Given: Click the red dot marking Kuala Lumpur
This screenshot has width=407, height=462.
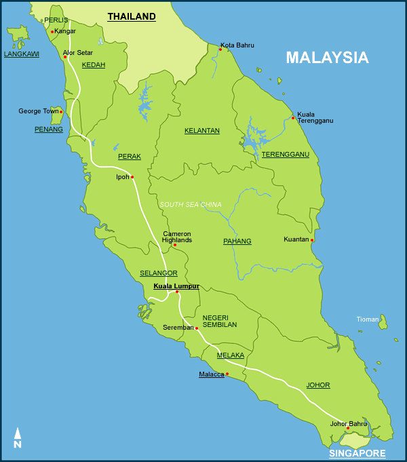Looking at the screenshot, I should (x=177, y=292).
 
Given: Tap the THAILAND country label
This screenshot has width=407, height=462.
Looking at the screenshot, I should (x=132, y=16).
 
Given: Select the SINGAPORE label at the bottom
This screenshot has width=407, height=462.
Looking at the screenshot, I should (x=357, y=453).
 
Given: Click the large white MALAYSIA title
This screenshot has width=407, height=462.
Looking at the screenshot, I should (x=327, y=58).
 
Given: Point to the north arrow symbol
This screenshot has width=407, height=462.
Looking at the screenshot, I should (x=18, y=438).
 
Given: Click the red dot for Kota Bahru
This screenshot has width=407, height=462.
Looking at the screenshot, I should (x=220, y=49).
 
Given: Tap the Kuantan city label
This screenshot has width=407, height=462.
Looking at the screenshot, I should (x=296, y=239).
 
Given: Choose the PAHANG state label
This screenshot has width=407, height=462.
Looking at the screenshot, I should (x=237, y=241).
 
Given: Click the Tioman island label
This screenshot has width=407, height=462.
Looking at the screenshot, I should (x=368, y=320).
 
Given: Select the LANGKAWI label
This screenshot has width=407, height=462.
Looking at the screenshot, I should (x=21, y=54).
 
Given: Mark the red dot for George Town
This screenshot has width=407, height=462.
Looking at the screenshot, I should (x=61, y=112).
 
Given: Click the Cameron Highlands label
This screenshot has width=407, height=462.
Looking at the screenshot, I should (x=177, y=237).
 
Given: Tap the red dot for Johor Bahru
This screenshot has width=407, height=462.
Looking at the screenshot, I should (x=348, y=428).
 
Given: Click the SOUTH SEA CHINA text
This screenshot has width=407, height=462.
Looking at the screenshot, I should (x=191, y=204).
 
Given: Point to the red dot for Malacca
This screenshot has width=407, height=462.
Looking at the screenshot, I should (x=227, y=374).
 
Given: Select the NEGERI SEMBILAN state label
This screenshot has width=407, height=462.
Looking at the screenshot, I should (x=220, y=321).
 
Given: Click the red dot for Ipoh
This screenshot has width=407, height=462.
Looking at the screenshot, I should (x=132, y=177).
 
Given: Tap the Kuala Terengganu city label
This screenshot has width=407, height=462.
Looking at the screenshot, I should (x=315, y=117).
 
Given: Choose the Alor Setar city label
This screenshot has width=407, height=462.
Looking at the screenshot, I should (x=77, y=52).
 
